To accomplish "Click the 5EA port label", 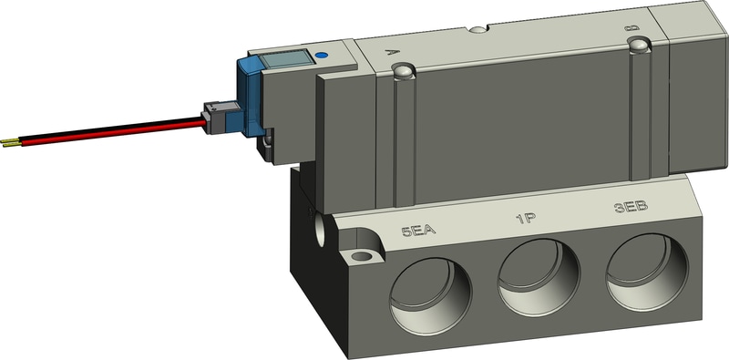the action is pos(418,231).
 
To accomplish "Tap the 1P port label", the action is pos(527,219).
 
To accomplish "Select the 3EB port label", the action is pos(631,207).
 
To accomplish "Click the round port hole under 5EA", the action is pos(430,296).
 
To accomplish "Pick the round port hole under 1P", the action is pos(539,277).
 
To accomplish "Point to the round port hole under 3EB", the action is pos(647,272).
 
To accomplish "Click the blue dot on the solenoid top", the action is pos(321,56).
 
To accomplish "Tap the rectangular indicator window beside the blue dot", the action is pos(285,59).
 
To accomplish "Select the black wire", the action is pos(111,126).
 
